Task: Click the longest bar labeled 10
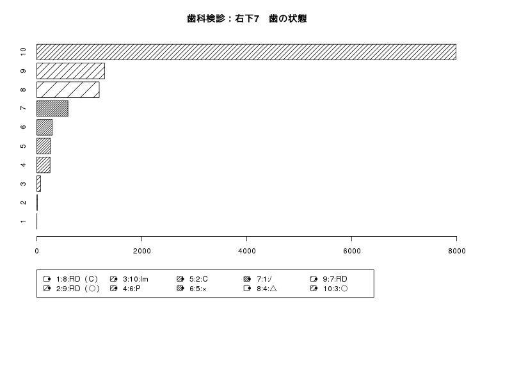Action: [x=246, y=52]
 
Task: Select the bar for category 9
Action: [x=70, y=71]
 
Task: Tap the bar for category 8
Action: [x=68, y=90]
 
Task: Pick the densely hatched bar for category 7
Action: [x=52, y=108]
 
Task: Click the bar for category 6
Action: [x=44, y=127]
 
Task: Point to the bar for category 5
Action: [x=44, y=146]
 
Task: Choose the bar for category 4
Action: [x=44, y=165]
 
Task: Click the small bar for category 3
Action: [x=38, y=184]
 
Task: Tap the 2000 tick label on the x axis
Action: [x=141, y=251]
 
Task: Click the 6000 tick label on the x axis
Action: [x=351, y=251]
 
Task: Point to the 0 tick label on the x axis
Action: [x=36, y=251]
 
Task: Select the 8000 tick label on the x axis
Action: [x=456, y=251]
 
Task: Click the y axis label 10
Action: [x=23, y=52]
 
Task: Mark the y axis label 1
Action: [x=23, y=221]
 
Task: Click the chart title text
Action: [x=246, y=19]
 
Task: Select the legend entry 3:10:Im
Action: [x=136, y=279]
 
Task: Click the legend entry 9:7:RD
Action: [x=335, y=279]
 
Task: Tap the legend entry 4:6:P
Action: [x=132, y=289]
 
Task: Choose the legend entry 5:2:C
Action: [x=198, y=279]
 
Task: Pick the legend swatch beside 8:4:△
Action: [x=247, y=289]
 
